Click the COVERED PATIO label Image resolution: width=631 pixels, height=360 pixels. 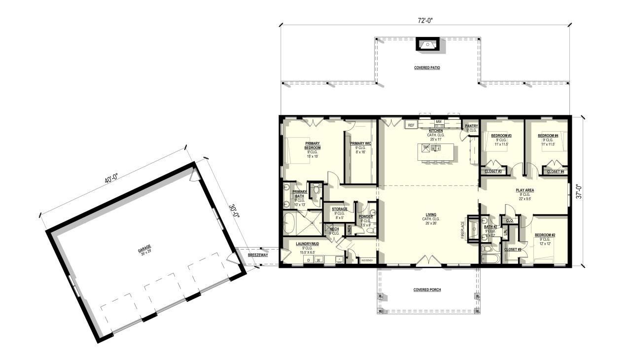click(427, 68)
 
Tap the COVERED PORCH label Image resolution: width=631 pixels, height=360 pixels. click(427, 290)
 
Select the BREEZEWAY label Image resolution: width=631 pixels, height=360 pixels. click(258, 255)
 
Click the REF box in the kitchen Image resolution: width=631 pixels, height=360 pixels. click(411, 125)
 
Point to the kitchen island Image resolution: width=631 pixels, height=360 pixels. click(437, 151)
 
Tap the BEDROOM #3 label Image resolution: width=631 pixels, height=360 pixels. click(501, 136)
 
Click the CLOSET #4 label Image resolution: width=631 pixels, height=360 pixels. click(556, 172)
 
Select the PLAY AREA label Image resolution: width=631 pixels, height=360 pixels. click(525, 190)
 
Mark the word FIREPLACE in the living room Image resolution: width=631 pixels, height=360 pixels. click(463, 230)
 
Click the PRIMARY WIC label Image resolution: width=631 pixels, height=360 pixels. click(361, 144)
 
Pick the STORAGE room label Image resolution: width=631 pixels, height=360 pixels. click(339, 209)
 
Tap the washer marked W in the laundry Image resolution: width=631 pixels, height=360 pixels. click(318, 259)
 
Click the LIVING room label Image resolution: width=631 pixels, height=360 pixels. click(430, 219)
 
